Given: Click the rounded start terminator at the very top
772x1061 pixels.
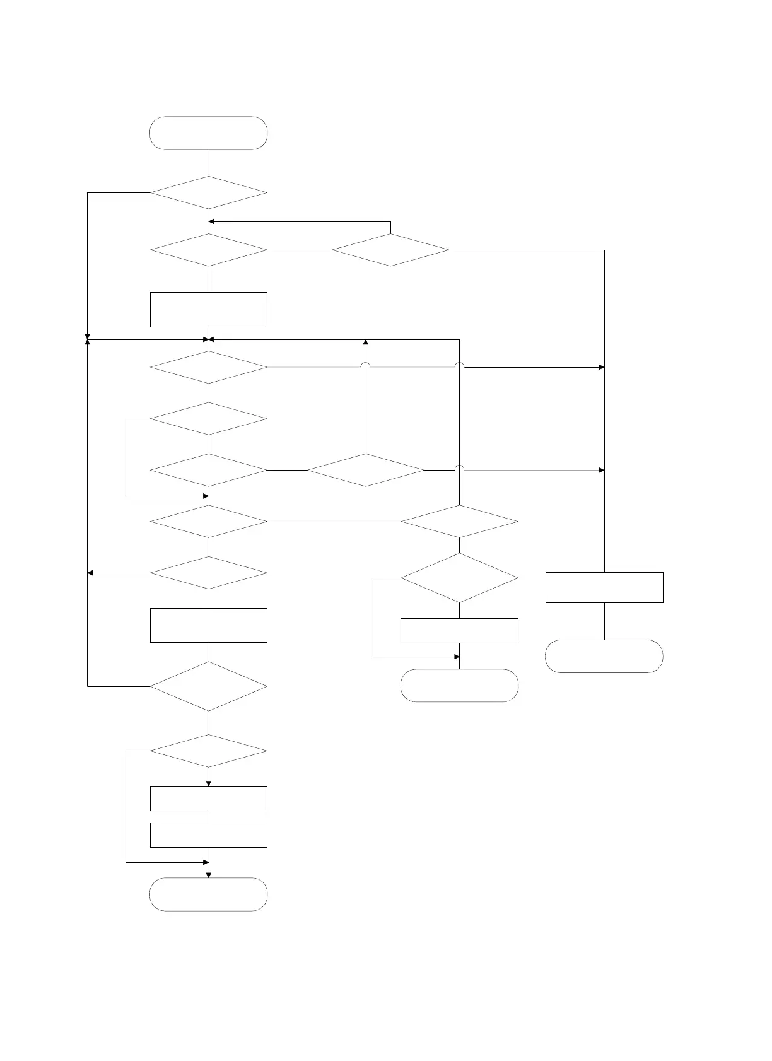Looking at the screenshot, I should point(208,133).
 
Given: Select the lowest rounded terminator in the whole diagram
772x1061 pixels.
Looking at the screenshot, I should point(208,894).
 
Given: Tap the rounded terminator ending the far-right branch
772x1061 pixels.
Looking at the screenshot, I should point(604,656).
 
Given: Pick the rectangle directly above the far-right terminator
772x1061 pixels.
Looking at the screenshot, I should point(604,587).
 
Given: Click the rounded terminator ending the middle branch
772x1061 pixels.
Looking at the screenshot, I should point(459,685).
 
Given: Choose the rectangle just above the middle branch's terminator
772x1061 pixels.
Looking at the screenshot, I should point(459,631).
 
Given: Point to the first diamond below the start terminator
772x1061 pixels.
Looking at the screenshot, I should point(208,192).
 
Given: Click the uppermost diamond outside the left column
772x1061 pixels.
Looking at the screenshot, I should point(390,250).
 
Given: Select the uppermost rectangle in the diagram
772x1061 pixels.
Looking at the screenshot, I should point(208,309).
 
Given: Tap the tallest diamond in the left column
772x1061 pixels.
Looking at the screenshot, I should point(208,686).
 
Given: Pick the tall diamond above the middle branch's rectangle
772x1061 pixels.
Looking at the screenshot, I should point(459,578).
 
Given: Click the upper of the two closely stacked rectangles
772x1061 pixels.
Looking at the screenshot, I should point(208,798).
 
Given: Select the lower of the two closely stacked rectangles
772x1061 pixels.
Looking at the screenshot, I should point(208,835).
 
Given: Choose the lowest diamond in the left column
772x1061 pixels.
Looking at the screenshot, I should point(208,751).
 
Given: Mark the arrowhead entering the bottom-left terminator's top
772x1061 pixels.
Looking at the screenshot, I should point(209,874).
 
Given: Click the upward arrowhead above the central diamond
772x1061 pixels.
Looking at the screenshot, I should point(366,343).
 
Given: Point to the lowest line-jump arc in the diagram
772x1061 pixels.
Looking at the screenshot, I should point(459,468).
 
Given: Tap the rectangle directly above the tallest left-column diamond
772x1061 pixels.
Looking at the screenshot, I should point(208,625).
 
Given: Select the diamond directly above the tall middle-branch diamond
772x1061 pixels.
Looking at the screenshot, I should point(459,522).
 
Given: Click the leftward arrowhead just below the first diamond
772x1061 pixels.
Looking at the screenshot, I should point(212,221).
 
